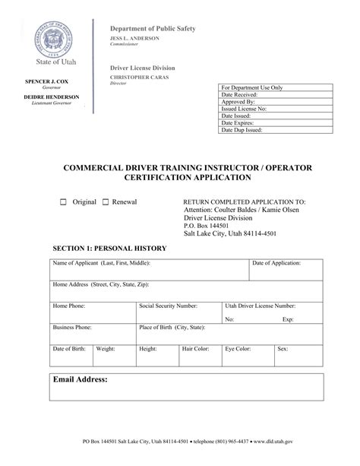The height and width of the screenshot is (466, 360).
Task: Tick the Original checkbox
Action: click(64, 203)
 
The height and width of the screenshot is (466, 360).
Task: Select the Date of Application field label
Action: click(276, 263)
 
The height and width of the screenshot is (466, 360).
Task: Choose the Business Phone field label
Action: click(72, 327)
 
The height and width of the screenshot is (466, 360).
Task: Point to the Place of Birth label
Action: click(172, 327)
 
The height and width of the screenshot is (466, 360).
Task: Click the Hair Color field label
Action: click(196, 349)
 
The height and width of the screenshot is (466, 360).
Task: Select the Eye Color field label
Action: click(238, 349)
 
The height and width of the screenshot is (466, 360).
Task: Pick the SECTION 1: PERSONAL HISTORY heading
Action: click(109, 249)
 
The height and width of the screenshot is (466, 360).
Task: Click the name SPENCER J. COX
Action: click(48, 81)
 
